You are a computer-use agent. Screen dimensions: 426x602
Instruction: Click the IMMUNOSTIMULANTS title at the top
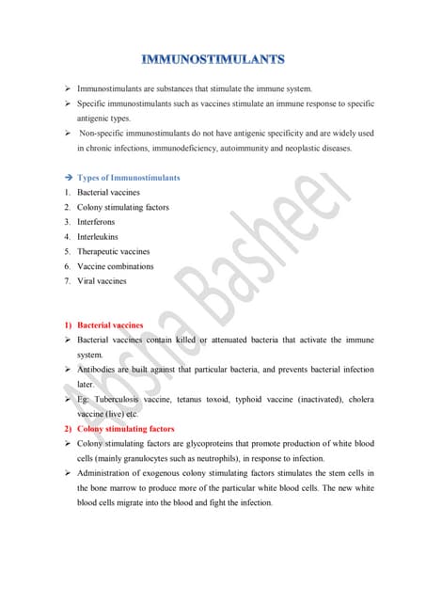[x=213, y=60]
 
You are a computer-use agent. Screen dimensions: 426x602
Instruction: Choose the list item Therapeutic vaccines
[x=114, y=252]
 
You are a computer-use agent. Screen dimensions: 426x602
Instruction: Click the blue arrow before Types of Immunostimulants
[x=69, y=178]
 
